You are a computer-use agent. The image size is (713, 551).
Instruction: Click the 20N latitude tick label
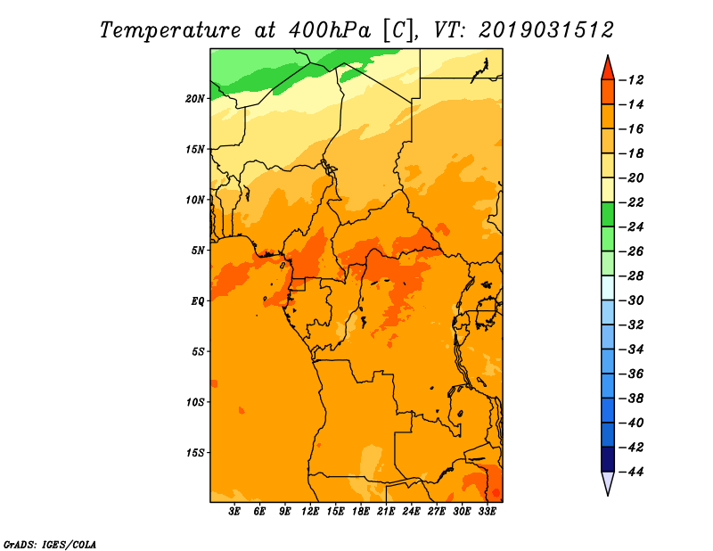pyautogui.click(x=195, y=99)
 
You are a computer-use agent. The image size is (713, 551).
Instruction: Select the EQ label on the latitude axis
pyautogui.click(x=198, y=301)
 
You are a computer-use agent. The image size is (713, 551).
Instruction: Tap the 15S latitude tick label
pyautogui.click(x=195, y=453)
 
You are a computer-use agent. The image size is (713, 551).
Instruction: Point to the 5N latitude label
pyautogui.click(x=198, y=251)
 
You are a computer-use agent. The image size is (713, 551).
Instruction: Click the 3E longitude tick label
pyautogui.click(x=234, y=512)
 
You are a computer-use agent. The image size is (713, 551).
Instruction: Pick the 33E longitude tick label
pyautogui.click(x=487, y=512)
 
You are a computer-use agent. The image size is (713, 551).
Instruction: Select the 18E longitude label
pyautogui.click(x=361, y=512)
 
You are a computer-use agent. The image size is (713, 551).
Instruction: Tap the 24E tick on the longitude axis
pyautogui.click(x=411, y=512)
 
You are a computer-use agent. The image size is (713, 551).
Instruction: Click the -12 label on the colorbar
pyautogui.click(x=631, y=80)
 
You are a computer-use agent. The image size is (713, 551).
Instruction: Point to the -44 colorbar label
pyautogui.click(x=631, y=472)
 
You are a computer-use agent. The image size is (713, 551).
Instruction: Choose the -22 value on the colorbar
pyautogui.click(x=631, y=202)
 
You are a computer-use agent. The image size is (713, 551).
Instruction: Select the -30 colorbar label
pyautogui.click(x=631, y=300)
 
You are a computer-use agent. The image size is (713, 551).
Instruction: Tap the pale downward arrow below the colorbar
pyautogui.click(x=608, y=482)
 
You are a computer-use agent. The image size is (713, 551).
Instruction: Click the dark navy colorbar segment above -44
pyautogui.click(x=608, y=459)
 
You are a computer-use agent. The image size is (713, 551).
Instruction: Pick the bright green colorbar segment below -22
pyautogui.click(x=608, y=215)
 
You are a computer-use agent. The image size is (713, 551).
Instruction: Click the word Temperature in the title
pyautogui.click(x=169, y=30)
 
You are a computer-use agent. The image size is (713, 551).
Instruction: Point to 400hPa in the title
pyautogui.click(x=330, y=30)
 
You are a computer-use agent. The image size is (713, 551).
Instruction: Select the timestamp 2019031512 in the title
pyautogui.click(x=546, y=30)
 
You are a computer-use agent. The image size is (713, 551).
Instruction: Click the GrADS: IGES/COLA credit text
pyautogui.click(x=50, y=545)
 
